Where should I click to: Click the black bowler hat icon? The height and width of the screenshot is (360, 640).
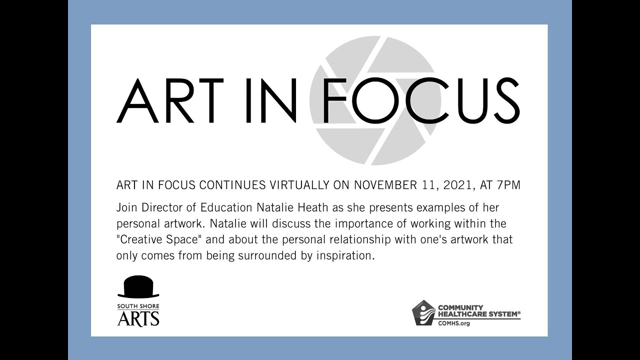[138, 287]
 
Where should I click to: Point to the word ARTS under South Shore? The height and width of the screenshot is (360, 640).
[138, 318]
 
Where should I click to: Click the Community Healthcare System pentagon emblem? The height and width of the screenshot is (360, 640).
[423, 313]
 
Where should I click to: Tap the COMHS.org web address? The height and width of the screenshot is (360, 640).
[454, 323]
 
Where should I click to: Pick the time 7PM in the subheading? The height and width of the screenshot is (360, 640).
[508, 185]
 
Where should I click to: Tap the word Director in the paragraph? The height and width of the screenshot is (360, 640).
[163, 207]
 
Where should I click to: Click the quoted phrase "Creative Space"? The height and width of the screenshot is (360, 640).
[157, 239]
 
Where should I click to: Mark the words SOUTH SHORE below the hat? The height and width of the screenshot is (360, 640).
[138, 306]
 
